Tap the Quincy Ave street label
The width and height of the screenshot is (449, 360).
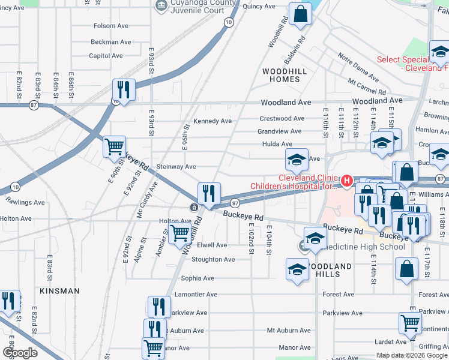click(259, 7)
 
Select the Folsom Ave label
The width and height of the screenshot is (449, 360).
click(112, 26)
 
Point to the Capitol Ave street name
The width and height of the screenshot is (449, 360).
click(106, 56)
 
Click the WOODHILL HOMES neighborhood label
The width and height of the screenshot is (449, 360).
click(281, 75)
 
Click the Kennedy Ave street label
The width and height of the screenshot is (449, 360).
click(212, 121)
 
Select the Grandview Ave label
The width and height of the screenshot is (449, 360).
click(279, 131)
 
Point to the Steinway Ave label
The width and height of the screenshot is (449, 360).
click(176, 167)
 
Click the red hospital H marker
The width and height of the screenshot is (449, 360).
click(346, 180)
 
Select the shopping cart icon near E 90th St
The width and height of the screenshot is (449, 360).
click(114, 146)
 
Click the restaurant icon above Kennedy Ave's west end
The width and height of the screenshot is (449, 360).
click(124, 89)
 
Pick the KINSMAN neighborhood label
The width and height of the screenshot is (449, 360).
click(59, 291)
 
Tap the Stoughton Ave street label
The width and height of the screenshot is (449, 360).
click(212, 260)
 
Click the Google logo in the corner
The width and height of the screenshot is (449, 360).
click(20, 353)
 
